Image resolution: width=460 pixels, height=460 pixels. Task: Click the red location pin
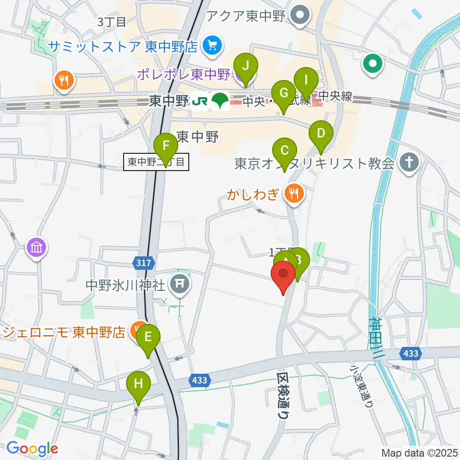283,278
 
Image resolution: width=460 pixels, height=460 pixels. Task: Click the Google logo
32,449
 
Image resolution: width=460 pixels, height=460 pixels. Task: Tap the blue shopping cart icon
210,46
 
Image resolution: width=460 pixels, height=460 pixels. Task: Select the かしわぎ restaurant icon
292,193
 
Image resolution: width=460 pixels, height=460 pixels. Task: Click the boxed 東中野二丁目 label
156,162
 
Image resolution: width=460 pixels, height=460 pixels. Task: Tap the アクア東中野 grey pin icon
300,16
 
